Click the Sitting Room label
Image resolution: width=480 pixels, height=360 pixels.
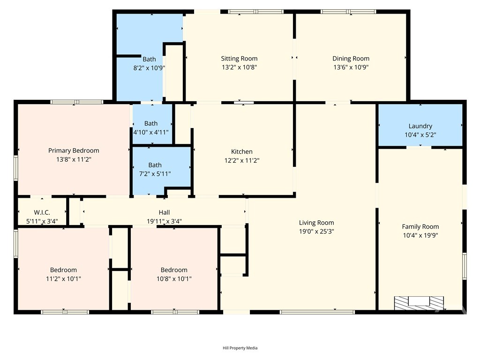pyautogui.click(x=239, y=59)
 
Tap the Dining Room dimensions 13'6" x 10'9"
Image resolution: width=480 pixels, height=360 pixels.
pyautogui.click(x=351, y=67)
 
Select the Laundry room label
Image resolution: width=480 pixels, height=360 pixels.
pyautogui.click(x=420, y=126)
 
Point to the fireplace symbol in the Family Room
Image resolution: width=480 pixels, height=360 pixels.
pyautogui.click(x=419, y=303)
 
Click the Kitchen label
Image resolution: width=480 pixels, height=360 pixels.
pyautogui.click(x=242, y=151)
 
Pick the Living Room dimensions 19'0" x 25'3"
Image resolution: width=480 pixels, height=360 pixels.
pyautogui.click(x=316, y=232)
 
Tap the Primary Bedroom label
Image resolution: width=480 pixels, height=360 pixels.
pyautogui.click(x=74, y=150)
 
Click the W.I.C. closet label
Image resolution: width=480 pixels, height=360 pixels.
pyautogui.click(x=42, y=212)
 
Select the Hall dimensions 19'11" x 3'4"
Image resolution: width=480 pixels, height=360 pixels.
pyautogui.click(x=165, y=221)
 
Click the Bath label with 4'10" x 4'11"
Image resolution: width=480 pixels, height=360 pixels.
pyautogui.click(x=151, y=123)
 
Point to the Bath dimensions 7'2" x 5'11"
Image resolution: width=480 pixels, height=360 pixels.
pyautogui.click(x=155, y=174)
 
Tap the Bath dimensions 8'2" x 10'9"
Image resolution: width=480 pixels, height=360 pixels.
pyautogui.click(x=149, y=67)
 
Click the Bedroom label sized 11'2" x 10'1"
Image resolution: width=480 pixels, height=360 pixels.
pyautogui.click(x=63, y=270)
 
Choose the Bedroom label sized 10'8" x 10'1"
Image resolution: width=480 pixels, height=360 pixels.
pyautogui.click(x=174, y=270)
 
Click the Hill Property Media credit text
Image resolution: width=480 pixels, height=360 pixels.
pyautogui.click(x=240, y=348)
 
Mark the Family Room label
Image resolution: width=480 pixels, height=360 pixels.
pyautogui.click(x=420, y=226)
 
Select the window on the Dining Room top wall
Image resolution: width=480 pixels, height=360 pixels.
pyautogui.click(x=348, y=12)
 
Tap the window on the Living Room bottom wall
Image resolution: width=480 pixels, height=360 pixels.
pyautogui.click(x=317, y=312)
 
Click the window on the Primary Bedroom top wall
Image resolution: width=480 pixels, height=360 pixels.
pyautogui.click(x=77, y=102)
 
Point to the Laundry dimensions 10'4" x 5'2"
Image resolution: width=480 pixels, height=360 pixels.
pyautogui.click(x=420, y=135)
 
